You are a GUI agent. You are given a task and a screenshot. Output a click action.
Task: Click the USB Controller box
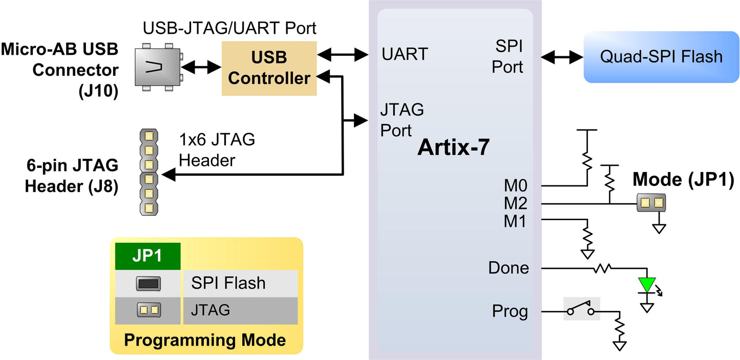point(269,68)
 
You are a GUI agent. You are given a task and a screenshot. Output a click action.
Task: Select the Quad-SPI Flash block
point(662,56)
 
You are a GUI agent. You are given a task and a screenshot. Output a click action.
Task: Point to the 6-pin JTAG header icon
point(149,172)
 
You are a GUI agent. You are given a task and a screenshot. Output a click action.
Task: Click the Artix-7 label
point(454,147)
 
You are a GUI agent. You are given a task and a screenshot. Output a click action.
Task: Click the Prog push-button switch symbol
point(581,309)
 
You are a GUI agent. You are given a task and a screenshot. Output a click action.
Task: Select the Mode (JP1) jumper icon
point(651,203)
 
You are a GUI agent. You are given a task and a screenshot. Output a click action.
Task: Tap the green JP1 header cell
point(147,256)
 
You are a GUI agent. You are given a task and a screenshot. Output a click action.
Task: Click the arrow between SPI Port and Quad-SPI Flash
point(562,57)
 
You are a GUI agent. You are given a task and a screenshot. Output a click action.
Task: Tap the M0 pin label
point(515,185)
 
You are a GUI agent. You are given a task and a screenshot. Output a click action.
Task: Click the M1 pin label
point(515,222)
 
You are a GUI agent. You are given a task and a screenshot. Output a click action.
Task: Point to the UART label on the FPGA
point(404,54)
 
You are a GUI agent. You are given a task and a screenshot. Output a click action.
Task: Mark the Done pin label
point(508,268)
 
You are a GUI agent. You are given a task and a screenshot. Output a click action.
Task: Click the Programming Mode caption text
point(205,340)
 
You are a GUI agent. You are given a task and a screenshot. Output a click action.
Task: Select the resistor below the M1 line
point(587,236)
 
